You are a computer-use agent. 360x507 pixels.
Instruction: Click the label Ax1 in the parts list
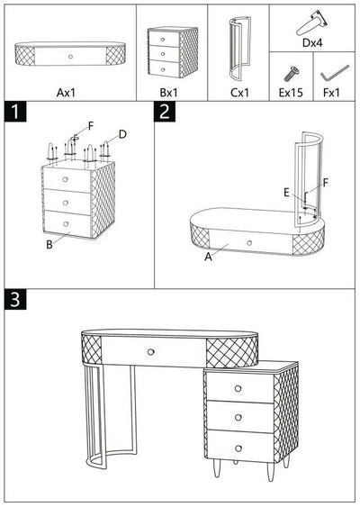[68, 91]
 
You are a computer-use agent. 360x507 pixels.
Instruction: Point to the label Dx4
[313, 41]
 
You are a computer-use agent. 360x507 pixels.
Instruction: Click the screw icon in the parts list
[292, 71]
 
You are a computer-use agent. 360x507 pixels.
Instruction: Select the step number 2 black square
[165, 113]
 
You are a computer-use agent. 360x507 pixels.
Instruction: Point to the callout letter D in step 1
[122, 134]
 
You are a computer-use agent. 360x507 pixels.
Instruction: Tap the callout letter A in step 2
[208, 257]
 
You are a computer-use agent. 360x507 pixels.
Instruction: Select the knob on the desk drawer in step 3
[150, 350]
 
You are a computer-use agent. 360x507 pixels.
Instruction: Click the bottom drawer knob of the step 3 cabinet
[238, 448]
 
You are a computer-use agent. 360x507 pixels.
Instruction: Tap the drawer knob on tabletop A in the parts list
[68, 55]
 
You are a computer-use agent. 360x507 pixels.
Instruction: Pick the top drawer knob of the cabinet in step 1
[65, 179]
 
